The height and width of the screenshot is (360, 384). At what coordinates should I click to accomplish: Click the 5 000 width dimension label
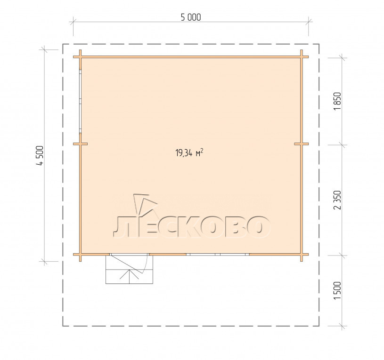[191, 17]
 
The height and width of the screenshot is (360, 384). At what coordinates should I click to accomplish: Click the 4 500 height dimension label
[40, 156]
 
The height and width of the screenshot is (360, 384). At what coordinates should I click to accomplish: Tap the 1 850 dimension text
[337, 101]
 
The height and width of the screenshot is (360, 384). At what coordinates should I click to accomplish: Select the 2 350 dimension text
[337, 200]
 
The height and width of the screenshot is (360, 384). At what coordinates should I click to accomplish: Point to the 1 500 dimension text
[337, 290]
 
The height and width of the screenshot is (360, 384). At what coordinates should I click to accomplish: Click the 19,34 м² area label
[189, 152]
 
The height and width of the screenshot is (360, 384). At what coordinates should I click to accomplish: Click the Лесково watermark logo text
[192, 227]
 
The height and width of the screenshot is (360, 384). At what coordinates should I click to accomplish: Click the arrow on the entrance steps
[129, 276]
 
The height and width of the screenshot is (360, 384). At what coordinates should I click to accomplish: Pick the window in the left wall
[80, 101]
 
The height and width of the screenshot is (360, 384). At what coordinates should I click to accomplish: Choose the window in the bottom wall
[218, 254]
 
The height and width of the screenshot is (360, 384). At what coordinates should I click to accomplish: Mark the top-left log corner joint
[80, 57]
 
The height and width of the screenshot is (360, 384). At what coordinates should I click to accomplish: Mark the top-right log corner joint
[302, 57]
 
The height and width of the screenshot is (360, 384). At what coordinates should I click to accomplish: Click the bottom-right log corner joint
[302, 254]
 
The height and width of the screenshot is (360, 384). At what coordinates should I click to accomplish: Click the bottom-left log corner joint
[80, 254]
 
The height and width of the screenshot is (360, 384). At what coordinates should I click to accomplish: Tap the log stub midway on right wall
[302, 144]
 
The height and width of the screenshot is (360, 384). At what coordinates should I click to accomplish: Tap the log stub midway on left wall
[80, 144]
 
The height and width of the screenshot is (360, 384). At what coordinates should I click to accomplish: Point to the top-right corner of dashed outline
[319, 44]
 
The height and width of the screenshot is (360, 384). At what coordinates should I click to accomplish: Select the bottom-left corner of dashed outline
[63, 326]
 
